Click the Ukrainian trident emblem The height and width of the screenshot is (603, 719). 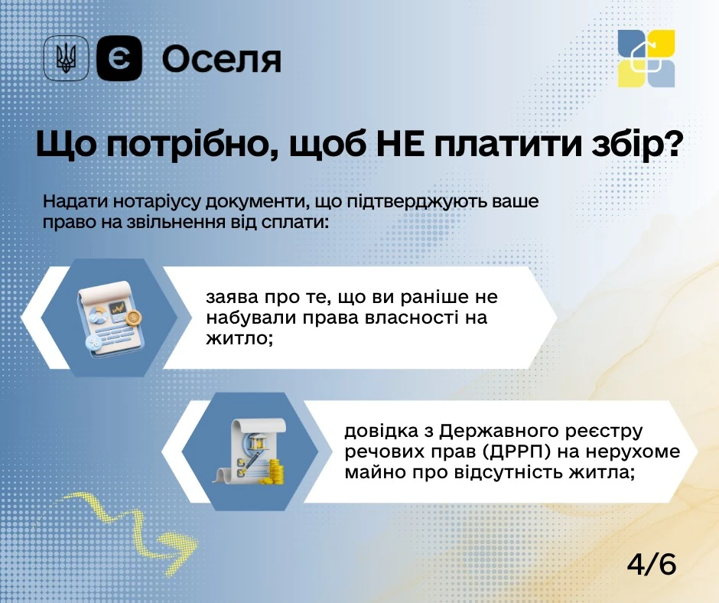coord(66,58)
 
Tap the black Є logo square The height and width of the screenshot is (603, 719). coord(119,58)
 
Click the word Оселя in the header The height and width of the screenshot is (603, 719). coord(222,60)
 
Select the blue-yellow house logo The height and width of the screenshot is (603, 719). coord(646,58)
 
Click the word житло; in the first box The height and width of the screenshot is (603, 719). coord(240,339)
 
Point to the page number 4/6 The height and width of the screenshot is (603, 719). coord(651,564)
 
